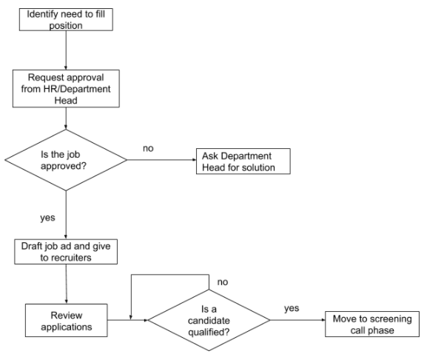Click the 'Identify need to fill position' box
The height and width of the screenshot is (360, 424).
66,19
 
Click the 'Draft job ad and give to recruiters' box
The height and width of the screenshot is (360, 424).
66,252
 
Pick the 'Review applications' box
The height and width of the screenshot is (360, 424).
66,319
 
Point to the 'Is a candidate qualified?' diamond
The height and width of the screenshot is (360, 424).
209,319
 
